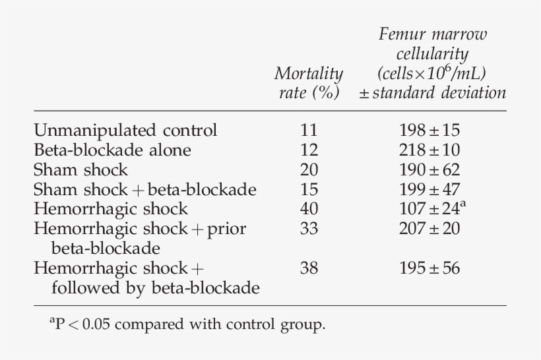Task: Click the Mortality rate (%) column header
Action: tap(308, 82)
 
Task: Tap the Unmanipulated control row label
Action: tap(125, 130)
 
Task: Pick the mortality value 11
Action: tap(308, 130)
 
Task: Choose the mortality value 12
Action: tap(308, 150)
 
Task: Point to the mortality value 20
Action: tap(308, 169)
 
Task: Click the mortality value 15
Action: tap(308, 189)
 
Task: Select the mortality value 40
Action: tap(308, 209)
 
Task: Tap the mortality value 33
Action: tap(308, 229)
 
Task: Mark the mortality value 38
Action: tap(308, 268)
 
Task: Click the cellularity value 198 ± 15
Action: tap(430, 130)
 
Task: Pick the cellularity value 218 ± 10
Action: tap(430, 150)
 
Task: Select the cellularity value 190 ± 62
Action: tap(430, 169)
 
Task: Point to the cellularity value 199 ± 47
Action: tap(430, 189)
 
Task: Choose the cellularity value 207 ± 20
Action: tap(430, 229)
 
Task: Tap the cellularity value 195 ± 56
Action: tap(430, 268)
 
